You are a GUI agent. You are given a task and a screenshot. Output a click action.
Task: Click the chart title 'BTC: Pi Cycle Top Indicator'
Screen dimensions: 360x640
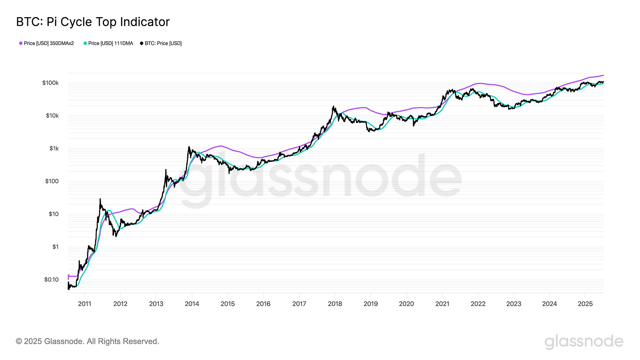[x=93, y=22]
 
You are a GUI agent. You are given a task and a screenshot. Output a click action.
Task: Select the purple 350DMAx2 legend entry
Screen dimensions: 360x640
[x=49, y=43]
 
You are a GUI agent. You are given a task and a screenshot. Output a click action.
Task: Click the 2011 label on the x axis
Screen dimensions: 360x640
[x=84, y=303]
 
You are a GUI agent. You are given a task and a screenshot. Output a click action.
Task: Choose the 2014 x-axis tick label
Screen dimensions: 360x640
[x=192, y=303]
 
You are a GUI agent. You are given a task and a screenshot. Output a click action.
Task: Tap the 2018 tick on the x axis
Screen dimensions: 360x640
[x=335, y=303]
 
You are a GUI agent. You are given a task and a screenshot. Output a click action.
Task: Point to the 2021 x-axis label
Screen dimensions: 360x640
[x=442, y=303]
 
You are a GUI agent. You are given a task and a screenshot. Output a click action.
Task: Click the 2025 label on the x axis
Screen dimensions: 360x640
[x=585, y=303]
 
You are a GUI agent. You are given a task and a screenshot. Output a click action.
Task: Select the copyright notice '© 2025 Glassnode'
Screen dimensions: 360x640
[x=87, y=341]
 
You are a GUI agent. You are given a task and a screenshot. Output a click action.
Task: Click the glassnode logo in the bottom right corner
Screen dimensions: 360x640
[x=584, y=342]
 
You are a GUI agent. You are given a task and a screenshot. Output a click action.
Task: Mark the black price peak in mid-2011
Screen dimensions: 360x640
[x=100, y=199]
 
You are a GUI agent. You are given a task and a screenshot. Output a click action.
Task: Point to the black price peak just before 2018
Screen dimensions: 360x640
[x=334, y=106]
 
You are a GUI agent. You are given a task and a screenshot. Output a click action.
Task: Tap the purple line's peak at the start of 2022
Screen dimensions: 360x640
[x=479, y=83]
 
